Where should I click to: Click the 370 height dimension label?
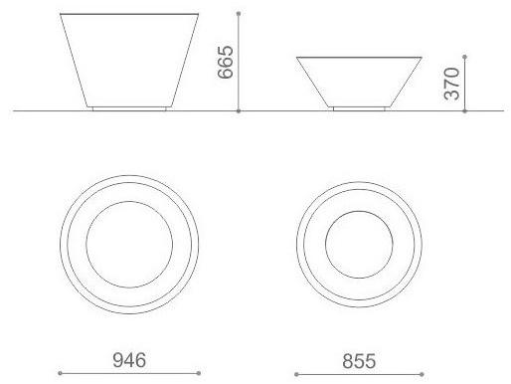click(451, 85)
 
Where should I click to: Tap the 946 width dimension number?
click(130, 359)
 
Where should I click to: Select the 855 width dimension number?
click(358, 359)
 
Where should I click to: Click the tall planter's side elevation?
click(131, 60)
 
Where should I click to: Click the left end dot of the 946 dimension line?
click(60, 373)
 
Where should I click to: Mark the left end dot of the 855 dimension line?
click(295, 373)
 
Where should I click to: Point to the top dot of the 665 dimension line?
click(241, 14)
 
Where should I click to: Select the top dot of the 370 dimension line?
click(465, 57)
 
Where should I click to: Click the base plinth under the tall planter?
click(131, 107)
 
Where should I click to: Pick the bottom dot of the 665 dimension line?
click(241, 110)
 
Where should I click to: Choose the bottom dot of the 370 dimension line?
click(465, 110)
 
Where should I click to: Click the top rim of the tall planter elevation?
click(131, 14)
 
